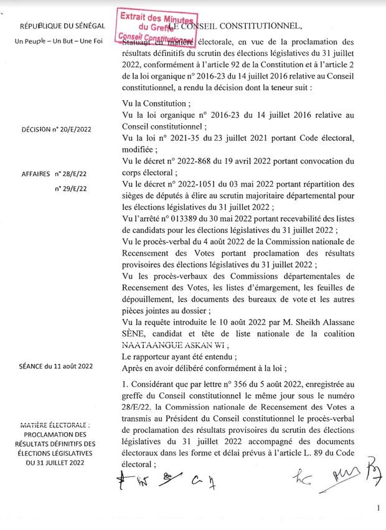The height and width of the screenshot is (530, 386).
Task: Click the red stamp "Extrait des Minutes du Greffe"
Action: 157,26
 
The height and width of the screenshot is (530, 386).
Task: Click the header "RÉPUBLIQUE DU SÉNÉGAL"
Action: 62,27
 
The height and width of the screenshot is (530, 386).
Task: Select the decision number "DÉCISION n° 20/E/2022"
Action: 57,129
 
